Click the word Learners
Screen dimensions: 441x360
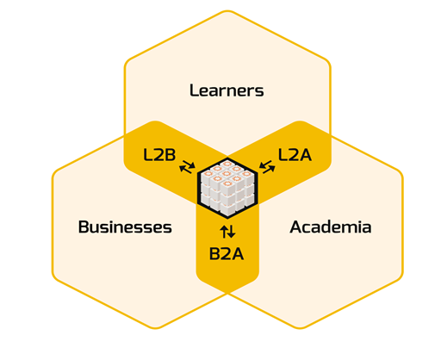coord(227,90)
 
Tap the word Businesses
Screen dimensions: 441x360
coord(125,227)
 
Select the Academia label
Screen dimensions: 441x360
coord(331,227)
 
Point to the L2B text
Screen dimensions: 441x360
coord(159,155)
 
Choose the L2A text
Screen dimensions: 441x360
coord(295,155)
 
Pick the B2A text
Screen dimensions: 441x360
coord(227,254)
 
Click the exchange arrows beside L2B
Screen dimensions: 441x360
coord(187,167)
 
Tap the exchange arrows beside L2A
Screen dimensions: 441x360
coord(267,167)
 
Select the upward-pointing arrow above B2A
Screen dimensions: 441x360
coord(224,232)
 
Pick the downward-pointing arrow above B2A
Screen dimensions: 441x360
coord(232,232)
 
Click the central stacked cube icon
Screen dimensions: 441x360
coord(227,188)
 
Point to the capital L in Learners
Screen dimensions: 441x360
coord(194,90)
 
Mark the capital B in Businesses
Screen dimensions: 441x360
coord(84,227)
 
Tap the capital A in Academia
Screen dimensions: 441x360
coord(296,227)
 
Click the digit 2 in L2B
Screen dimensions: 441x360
coord(159,155)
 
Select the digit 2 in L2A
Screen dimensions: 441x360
coord(294,155)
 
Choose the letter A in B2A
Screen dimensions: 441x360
coord(237,254)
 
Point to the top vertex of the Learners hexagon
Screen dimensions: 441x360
coord(227,11)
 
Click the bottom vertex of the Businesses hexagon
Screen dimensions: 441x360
coord(155,328)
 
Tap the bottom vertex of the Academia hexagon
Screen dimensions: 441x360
coord(300,328)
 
